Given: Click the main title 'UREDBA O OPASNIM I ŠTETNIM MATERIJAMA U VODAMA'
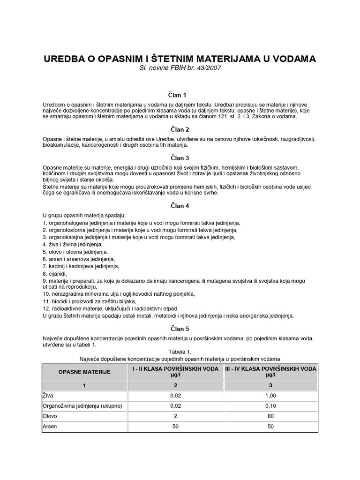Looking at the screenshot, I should pyautogui.click(x=180, y=59).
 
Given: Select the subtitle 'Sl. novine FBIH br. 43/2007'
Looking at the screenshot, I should pyautogui.click(x=180, y=68).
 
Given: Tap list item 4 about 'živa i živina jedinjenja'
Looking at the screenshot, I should pyautogui.click(x=72, y=244).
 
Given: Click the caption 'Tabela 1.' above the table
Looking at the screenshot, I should pyautogui.click(x=180, y=351).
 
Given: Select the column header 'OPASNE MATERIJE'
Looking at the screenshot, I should pyautogui.click(x=84, y=372).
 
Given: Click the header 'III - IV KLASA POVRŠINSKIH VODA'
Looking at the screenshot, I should pyautogui.click(x=270, y=369).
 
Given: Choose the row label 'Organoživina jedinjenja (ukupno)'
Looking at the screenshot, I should pyautogui.click(x=82, y=406).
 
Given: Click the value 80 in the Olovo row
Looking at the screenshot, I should pyautogui.click(x=270, y=416).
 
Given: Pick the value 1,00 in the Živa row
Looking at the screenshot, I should pyautogui.click(x=270, y=396).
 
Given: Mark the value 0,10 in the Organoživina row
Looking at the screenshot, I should pyautogui.click(x=270, y=406).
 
